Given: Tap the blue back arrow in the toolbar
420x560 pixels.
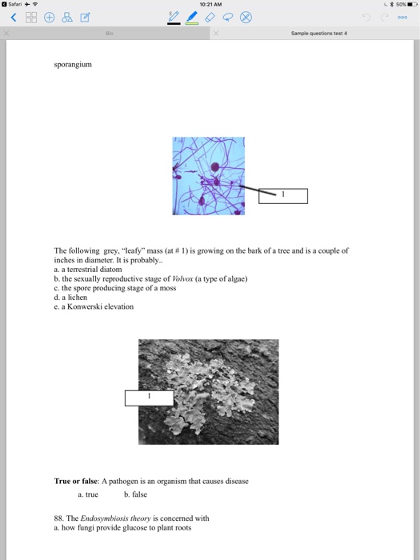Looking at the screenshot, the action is (x=14, y=17).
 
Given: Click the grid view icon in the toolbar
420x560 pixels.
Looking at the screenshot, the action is (x=31, y=17).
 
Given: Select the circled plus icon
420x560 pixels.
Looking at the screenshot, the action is (x=50, y=17).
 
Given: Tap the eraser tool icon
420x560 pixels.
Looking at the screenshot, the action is (x=210, y=17).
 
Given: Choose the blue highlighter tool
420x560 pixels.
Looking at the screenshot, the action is (x=192, y=18).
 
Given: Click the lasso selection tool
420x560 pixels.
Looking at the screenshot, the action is (x=227, y=17).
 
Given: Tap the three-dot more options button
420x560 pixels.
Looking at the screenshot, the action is (x=402, y=17).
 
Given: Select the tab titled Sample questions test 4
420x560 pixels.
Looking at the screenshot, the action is (x=319, y=34).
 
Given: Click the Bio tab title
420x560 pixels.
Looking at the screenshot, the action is (x=110, y=34).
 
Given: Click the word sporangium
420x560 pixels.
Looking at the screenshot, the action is (x=73, y=65).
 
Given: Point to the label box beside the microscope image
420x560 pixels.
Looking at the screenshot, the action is (x=283, y=196).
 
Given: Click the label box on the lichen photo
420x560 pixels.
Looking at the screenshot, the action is (x=150, y=398).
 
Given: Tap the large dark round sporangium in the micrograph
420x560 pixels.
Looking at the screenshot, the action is (x=215, y=166).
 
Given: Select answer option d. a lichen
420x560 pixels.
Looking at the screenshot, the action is (x=70, y=297).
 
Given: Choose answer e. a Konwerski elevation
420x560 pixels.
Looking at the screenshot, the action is (x=94, y=306).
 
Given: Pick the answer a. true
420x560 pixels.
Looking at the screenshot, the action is (x=88, y=494).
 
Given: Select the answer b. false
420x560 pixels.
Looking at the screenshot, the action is (x=136, y=494).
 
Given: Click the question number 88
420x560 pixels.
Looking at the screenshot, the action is (x=59, y=518).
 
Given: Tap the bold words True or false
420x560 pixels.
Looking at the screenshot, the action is (x=76, y=481).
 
